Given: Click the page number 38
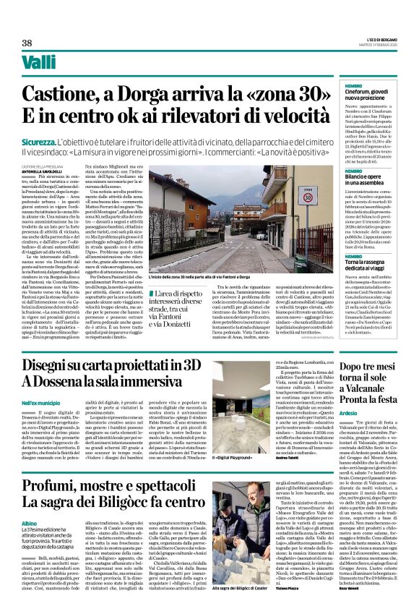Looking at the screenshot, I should click(27, 43).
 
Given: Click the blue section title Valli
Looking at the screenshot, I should click(38, 64).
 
